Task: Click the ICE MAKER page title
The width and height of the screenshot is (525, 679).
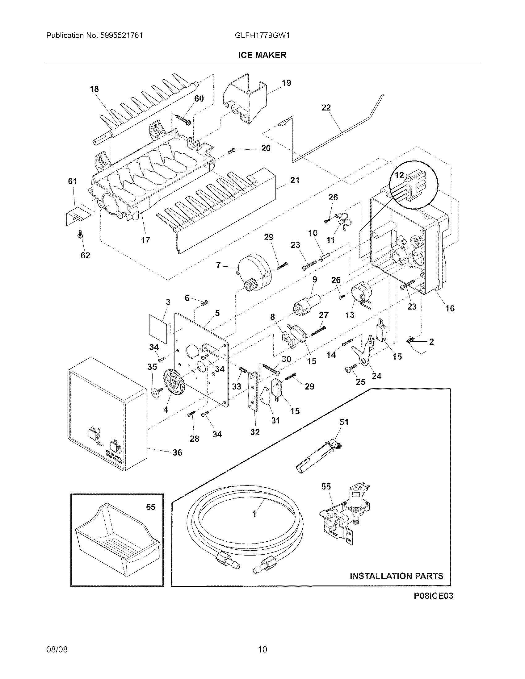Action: [x=262, y=55]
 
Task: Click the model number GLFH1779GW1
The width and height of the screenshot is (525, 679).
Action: [x=262, y=35]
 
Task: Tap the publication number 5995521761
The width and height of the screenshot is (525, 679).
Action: [x=122, y=35]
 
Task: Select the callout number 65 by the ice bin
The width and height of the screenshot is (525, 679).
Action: [x=150, y=507]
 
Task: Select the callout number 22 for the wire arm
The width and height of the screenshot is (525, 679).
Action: [x=326, y=108]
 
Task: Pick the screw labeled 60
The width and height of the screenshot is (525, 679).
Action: [x=183, y=120]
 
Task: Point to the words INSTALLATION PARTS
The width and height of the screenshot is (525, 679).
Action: [x=397, y=576]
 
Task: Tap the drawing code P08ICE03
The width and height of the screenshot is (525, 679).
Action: [x=433, y=596]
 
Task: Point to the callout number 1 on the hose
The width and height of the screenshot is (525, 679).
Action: [x=254, y=514]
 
